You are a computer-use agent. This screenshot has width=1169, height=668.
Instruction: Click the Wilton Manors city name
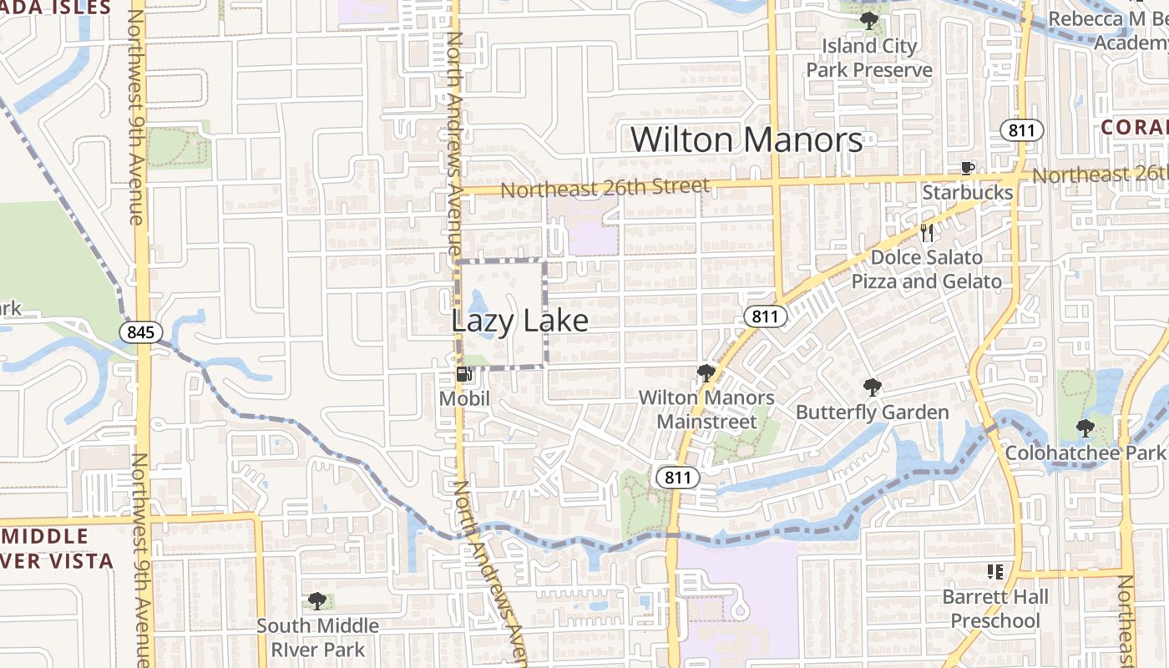pyautogui.click(x=746, y=139)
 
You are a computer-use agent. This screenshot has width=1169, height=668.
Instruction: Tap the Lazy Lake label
pyautogui.click(x=519, y=321)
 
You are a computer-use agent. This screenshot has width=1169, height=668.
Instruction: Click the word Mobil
pyautogui.click(x=464, y=399)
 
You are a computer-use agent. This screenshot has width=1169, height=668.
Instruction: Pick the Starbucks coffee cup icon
pyautogui.click(x=967, y=169)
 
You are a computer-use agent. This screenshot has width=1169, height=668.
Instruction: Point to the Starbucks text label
pyautogui.click(x=967, y=193)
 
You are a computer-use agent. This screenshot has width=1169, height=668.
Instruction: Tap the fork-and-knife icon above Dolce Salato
pyautogui.click(x=926, y=232)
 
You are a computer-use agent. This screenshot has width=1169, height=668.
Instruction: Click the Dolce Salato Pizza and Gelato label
pyautogui.click(x=926, y=269)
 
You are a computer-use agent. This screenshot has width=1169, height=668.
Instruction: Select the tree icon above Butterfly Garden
pyautogui.click(x=872, y=387)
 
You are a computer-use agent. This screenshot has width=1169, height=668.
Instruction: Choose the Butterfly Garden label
pyautogui.click(x=872, y=412)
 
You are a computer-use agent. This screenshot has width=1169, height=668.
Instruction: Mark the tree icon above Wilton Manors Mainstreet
pyautogui.click(x=706, y=373)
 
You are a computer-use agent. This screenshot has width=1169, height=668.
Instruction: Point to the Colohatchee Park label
pyautogui.click(x=1085, y=453)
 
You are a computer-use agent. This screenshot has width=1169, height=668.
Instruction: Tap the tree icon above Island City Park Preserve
pyautogui.click(x=868, y=21)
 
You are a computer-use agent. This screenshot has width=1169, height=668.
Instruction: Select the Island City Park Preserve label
pyautogui.click(x=868, y=58)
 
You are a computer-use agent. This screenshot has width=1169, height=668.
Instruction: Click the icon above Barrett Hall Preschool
pyautogui.click(x=994, y=572)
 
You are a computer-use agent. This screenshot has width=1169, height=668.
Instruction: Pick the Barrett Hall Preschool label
pyautogui.click(x=994, y=609)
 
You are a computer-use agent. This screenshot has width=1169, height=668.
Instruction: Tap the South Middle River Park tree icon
pyautogui.click(x=316, y=600)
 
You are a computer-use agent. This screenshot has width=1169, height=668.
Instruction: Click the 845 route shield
pyautogui.click(x=140, y=332)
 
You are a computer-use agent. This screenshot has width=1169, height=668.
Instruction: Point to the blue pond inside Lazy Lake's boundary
pyautogui.click(x=477, y=306)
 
